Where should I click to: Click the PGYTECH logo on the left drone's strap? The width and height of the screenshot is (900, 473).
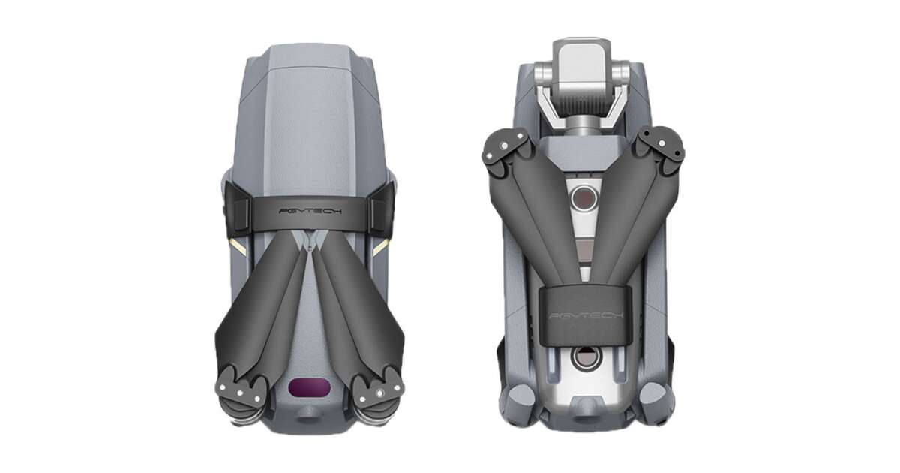click(310, 210)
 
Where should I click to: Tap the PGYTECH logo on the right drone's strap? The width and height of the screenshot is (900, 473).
click(586, 315)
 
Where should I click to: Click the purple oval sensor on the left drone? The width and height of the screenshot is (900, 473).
click(309, 387)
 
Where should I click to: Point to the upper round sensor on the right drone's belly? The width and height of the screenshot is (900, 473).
click(583, 198)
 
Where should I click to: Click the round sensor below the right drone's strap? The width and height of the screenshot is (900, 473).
click(585, 357)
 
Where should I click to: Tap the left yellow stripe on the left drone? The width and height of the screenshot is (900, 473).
click(238, 246)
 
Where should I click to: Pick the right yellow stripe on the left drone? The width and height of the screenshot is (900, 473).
click(381, 246)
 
